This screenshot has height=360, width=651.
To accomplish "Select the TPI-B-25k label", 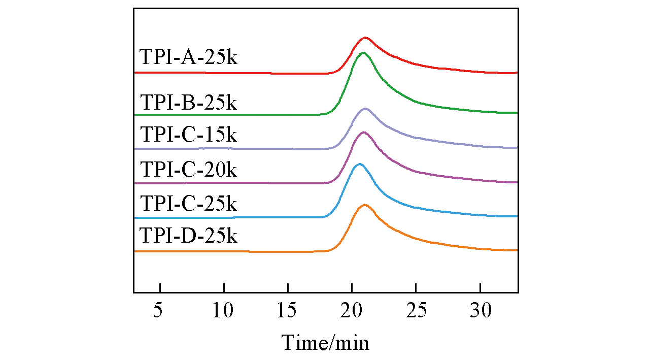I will tap(188, 103).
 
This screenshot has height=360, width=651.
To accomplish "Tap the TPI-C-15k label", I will tap(188, 136).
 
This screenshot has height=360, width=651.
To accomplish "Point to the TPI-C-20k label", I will tap(188, 169).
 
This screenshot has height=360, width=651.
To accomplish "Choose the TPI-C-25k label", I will tap(188, 204).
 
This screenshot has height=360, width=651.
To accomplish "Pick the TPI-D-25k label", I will tap(188, 236).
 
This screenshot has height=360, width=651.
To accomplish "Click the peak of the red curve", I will tap(365, 38).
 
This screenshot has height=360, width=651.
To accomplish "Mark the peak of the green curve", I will tap(363, 53).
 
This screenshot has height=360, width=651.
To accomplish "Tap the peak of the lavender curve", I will tap(365, 109).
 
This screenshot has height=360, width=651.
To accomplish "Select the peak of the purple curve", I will tap(363, 132).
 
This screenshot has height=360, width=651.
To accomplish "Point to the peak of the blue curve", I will tap(360, 164).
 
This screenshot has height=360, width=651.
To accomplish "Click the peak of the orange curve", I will tap(364, 205).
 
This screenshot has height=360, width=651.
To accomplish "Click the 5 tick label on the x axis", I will tap(160, 310).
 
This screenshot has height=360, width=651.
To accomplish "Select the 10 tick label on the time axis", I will tap(224, 310).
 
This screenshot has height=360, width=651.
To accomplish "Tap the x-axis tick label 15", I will tap(288, 310).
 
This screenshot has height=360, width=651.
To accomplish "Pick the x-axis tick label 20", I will tap(352, 310).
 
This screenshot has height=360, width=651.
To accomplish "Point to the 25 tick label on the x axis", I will tap(416, 310).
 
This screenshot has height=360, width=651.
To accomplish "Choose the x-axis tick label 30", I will tap(480, 310).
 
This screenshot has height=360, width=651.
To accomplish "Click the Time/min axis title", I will tap(326, 342).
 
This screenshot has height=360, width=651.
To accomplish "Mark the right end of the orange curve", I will tap(517, 250).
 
